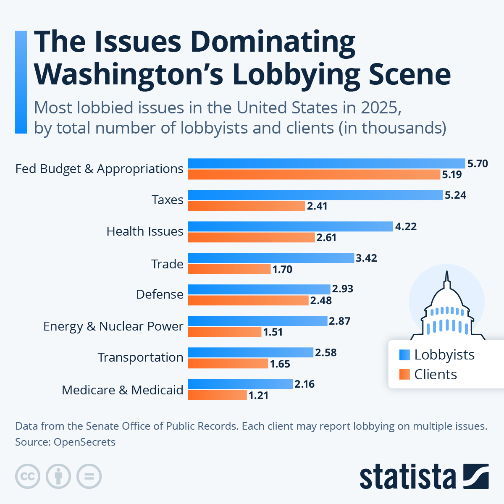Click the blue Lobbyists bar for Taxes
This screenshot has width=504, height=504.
tap(315, 195)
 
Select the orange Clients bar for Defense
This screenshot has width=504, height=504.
tap(248, 300)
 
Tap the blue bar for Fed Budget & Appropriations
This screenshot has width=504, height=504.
tap(326, 163)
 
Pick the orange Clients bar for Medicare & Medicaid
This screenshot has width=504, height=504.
tap(217, 395)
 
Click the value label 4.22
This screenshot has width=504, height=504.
tap(406, 227)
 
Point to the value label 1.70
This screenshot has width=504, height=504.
tap(282, 269)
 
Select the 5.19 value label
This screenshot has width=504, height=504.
tap(452, 174)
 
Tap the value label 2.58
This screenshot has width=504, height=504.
tap(326, 352)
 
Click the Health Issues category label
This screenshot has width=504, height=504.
tap(145, 231)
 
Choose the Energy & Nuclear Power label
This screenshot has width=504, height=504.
tap(113, 326)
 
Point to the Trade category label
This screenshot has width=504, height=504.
tap(167, 264)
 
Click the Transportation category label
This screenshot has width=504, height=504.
tap(140, 357)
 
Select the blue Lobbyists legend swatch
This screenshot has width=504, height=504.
tap(404, 355)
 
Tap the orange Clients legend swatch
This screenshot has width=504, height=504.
tap(404, 374)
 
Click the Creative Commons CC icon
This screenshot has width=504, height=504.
tap(28, 476)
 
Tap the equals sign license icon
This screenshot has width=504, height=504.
tap(89, 476)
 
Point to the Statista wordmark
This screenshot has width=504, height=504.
tap(407, 477)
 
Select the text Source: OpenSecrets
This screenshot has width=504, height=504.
tap(65, 442)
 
